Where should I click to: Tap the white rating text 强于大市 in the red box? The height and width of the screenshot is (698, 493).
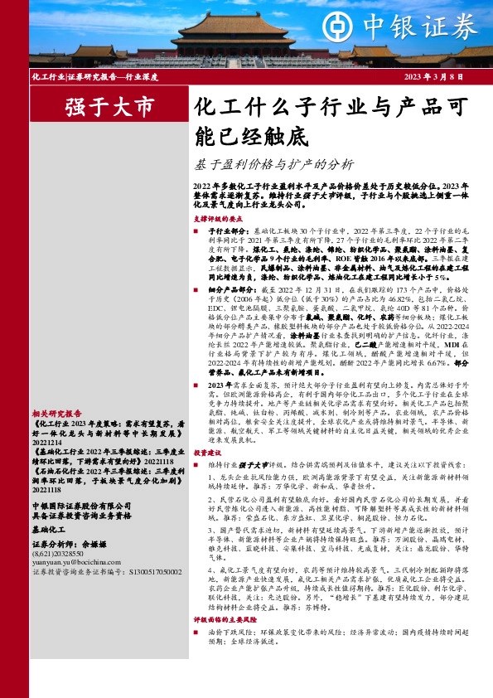coord(109,107)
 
